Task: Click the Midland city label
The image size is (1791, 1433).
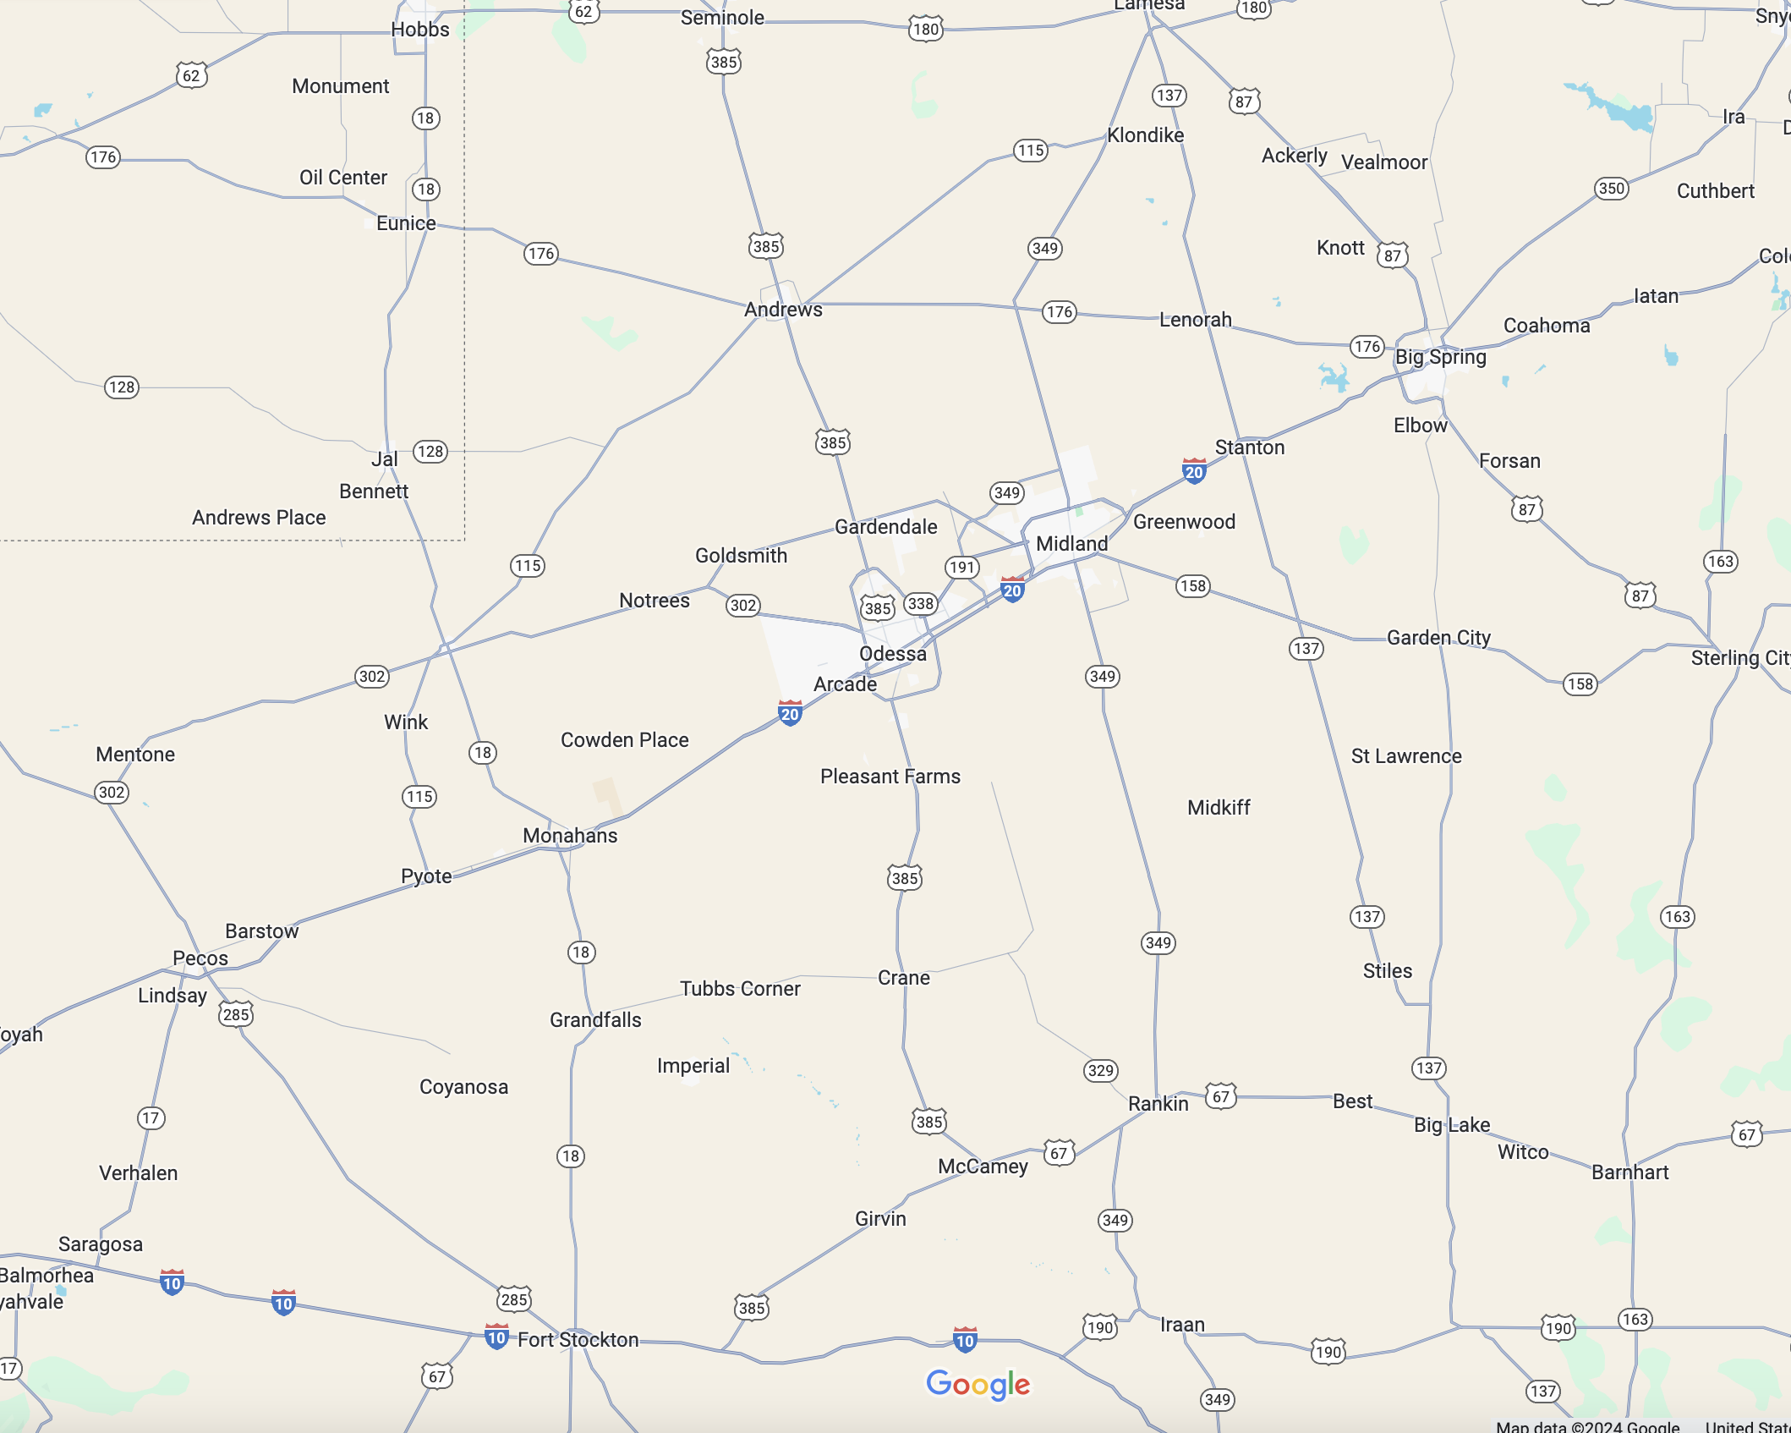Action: click(x=1071, y=543)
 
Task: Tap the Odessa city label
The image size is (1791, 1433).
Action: click(x=892, y=653)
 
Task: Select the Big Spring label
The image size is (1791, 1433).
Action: click(x=1440, y=356)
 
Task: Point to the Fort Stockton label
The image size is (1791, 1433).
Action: click(x=578, y=1339)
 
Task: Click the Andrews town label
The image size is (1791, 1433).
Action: click(x=783, y=309)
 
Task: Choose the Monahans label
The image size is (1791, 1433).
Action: click(x=570, y=835)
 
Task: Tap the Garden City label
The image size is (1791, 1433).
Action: click(x=1438, y=637)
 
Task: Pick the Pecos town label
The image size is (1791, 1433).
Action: click(x=200, y=958)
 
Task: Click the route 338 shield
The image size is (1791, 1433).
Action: click(x=920, y=603)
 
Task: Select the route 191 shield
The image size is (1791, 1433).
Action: click(x=961, y=567)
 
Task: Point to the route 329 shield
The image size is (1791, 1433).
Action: click(x=1100, y=1070)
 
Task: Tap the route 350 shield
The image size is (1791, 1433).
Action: click(x=1611, y=188)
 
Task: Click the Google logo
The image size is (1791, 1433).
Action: click(x=978, y=1384)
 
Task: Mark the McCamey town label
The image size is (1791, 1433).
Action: click(x=983, y=1166)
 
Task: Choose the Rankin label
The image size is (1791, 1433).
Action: click(x=1158, y=1103)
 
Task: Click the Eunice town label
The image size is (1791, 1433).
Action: click(x=406, y=222)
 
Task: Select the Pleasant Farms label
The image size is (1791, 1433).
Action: click(x=890, y=776)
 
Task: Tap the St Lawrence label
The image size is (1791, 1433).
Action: click(x=1405, y=755)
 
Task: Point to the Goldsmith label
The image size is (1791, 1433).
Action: click(x=741, y=555)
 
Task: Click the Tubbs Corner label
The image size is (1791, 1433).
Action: click(x=740, y=988)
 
